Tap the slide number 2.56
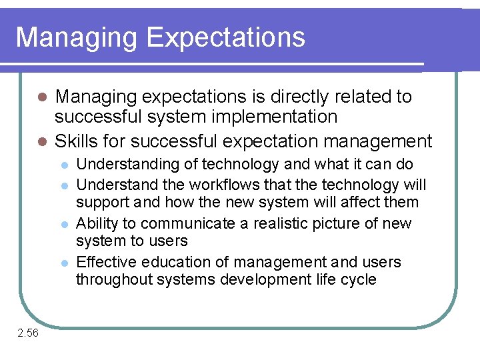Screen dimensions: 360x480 (x=28, y=333)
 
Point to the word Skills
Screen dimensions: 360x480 (x=74, y=141)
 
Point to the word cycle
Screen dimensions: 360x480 (x=359, y=280)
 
